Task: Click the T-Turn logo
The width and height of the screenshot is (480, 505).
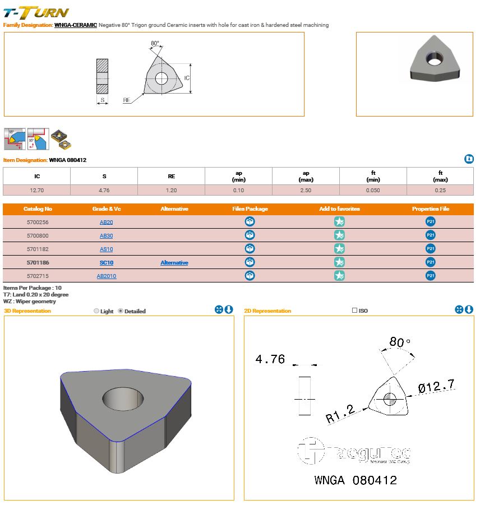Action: (36, 12)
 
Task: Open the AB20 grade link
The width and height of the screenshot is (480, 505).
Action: (107, 222)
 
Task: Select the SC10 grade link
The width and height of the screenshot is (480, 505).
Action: (107, 262)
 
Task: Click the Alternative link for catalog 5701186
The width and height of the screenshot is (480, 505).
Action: (174, 262)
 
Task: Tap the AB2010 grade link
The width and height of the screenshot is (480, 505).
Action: (107, 276)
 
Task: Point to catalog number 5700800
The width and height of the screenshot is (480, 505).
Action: (38, 236)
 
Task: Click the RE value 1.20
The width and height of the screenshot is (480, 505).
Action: (172, 191)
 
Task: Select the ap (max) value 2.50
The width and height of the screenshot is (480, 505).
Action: (306, 191)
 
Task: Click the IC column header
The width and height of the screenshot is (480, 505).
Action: (37, 176)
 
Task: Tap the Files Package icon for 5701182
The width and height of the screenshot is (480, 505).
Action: (250, 249)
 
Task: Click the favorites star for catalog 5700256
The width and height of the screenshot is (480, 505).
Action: (339, 221)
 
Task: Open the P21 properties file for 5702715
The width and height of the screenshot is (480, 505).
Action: (431, 276)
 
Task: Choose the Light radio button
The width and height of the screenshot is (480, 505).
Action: (96, 311)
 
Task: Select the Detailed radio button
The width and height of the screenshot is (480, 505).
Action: (121, 311)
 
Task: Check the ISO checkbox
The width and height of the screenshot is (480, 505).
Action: (355, 310)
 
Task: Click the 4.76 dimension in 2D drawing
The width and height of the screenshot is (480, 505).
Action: (270, 359)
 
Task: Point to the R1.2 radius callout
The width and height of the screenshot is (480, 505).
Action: (340, 414)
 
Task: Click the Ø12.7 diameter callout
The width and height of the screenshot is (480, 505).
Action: (436, 386)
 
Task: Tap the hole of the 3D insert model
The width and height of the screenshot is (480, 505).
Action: (123, 399)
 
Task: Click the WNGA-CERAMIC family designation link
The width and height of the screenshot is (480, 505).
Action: (76, 25)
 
